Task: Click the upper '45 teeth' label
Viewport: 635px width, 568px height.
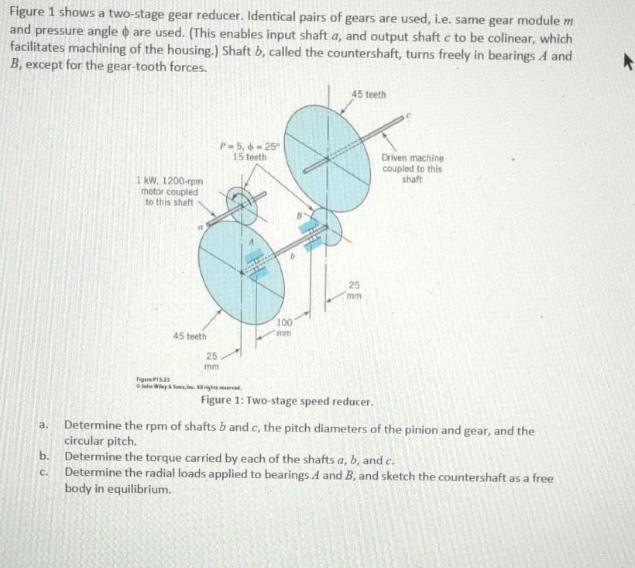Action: click(x=369, y=95)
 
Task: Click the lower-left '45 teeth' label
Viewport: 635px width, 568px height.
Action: click(x=190, y=336)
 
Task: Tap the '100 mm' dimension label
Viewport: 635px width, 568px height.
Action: click(x=284, y=326)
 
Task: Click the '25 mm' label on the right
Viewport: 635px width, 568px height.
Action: click(x=354, y=290)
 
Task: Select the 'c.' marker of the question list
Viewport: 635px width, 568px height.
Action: click(x=46, y=472)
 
